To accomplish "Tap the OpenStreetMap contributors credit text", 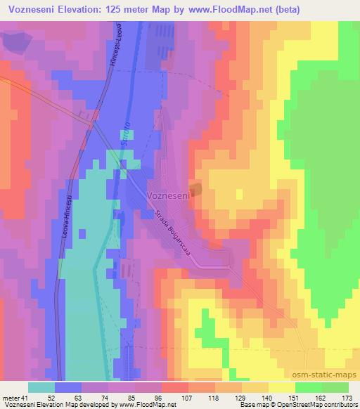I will [316, 405].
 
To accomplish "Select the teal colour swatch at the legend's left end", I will [41, 387].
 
